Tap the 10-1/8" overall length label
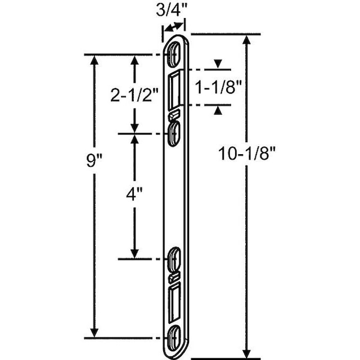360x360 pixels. (247, 154)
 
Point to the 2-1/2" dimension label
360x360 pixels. (135, 95)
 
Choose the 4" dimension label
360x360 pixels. (134, 194)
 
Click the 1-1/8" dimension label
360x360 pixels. (218, 87)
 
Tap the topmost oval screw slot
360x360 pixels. (175, 55)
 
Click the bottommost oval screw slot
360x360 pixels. (174, 338)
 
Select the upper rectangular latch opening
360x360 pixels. (174, 91)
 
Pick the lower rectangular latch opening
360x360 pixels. (175, 302)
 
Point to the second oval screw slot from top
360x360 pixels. (174, 134)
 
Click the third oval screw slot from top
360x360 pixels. (175, 259)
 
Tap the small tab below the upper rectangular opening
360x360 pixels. (175, 116)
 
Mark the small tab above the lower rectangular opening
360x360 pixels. (174, 277)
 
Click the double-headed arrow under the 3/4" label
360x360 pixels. (174, 27)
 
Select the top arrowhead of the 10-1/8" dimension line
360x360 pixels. (247, 40)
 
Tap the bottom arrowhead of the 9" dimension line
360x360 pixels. (94, 332)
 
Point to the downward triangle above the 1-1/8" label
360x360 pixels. (218, 64)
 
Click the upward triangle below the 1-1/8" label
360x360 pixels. (218, 111)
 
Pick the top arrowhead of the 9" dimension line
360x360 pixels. (94, 60)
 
